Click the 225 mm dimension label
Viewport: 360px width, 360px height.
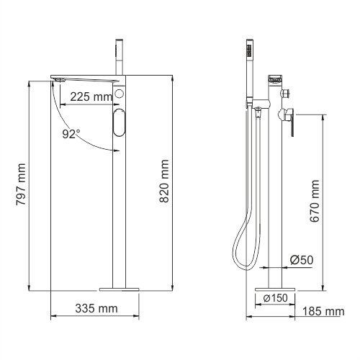[91, 96]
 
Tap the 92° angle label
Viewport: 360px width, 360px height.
[71, 134]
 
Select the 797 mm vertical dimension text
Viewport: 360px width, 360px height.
[21, 184]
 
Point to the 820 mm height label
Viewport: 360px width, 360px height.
[164, 181]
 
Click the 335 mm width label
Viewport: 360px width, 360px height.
[96, 308]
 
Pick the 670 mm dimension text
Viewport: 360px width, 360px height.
[315, 201]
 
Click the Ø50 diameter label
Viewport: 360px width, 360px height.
[302, 260]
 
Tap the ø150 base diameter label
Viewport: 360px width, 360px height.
[275, 298]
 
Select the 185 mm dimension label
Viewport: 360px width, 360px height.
[323, 311]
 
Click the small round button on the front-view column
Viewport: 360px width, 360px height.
[119, 93]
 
